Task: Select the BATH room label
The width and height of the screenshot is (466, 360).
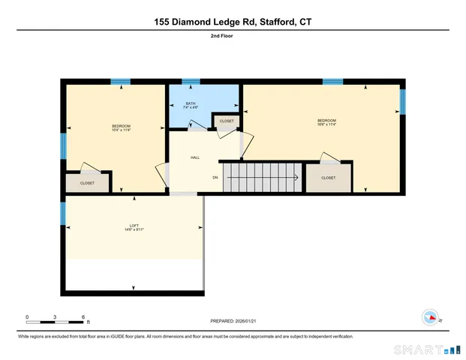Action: pyautogui.click(x=191, y=105)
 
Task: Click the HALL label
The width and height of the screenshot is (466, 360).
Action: pyautogui.click(x=195, y=157)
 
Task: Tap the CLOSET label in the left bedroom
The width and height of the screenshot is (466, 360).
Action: pyautogui.click(x=87, y=183)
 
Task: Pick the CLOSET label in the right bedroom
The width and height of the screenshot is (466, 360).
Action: pyautogui.click(x=328, y=178)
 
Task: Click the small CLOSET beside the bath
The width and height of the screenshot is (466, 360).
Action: pyautogui.click(x=227, y=121)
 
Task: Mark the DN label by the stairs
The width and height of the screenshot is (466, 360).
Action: pyautogui.click(x=215, y=178)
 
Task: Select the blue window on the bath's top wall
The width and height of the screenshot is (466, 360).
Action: pyautogui.click(x=191, y=81)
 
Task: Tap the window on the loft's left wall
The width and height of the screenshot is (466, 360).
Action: pyautogui.click(x=63, y=214)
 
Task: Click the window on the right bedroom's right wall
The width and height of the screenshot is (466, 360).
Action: pyautogui.click(x=402, y=101)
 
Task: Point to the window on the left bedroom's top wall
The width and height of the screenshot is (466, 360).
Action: pyautogui.click(x=120, y=81)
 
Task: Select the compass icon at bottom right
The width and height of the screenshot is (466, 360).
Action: pyautogui.click(x=430, y=317)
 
